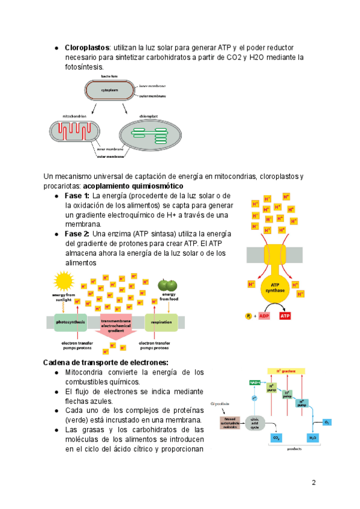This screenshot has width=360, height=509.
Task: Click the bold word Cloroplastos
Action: point(87,47)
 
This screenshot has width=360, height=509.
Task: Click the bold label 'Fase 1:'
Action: point(77,196)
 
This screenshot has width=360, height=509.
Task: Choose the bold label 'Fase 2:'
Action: point(77,233)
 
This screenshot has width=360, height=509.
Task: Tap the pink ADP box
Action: point(265,316)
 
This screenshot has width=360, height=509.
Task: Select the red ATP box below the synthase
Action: point(286,316)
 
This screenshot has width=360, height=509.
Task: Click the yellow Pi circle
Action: point(248,316)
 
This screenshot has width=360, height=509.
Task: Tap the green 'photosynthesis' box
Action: point(70,322)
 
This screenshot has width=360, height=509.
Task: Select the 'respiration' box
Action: point(161,322)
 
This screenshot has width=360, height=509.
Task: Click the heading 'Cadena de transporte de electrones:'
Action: point(106,362)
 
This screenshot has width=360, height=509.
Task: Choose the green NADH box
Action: point(254,382)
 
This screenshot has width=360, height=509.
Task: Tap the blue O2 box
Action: point(328,422)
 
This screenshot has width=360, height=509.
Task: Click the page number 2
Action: point(313,482)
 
